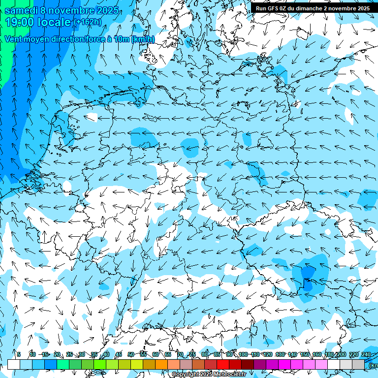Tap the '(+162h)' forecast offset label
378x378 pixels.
pos(88,22)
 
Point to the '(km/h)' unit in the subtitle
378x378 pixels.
pos(143,39)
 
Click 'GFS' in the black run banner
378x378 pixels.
pos(277,8)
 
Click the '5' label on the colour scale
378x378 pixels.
pos(19,354)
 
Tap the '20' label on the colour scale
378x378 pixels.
pos(57,354)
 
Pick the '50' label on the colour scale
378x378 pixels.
pos(130,354)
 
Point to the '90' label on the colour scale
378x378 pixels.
pos(229,354)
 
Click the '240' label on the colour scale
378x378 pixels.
pos(366,354)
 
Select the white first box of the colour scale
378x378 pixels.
pos(14,364)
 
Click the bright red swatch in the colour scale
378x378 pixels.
pos(223,364)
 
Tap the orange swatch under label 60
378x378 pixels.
pos(161,364)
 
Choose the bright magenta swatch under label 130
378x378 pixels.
pos(284,364)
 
